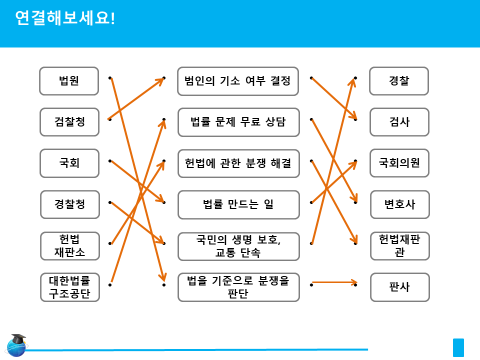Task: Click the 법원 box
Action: point(69,81)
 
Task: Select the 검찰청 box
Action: point(69,122)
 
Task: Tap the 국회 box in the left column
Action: point(69,163)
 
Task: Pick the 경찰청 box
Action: point(69,204)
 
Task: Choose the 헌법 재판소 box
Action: point(69,245)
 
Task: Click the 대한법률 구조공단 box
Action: point(69,287)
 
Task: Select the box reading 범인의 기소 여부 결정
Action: point(238,81)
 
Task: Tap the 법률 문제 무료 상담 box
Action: point(238,122)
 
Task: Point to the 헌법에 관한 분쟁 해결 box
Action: point(238,163)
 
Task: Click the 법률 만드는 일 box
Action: point(238,204)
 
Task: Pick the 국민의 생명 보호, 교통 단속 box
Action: point(238,246)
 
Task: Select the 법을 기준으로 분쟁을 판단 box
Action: point(238,287)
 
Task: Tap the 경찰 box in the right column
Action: point(399,81)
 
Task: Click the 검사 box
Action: point(399,122)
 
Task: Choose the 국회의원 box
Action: point(399,163)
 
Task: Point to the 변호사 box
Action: point(399,204)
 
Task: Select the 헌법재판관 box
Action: point(399,245)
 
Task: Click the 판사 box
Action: point(399,287)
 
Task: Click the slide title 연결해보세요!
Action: point(65,18)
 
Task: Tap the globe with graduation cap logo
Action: point(17,345)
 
